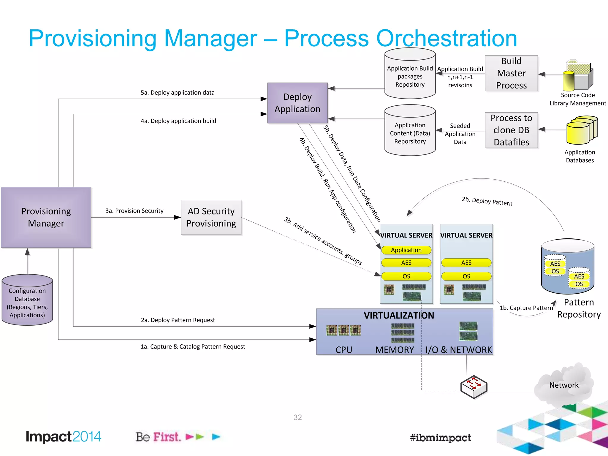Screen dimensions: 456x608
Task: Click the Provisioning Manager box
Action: pyautogui.click(x=46, y=217)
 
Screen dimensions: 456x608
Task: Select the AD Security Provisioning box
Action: pyautogui.click(x=211, y=217)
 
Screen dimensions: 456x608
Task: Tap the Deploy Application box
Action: pyautogui.click(x=297, y=103)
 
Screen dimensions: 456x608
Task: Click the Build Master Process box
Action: pyautogui.click(x=511, y=73)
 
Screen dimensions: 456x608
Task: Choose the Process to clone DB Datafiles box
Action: pyautogui.click(x=511, y=130)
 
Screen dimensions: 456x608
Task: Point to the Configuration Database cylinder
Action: pyautogui.click(x=27, y=300)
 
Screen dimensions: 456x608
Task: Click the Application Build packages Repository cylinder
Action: pyautogui.click(x=410, y=74)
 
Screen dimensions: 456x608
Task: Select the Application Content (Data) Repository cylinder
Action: pyautogui.click(x=410, y=131)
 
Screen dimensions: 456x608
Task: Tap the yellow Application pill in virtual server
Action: pyautogui.click(x=406, y=250)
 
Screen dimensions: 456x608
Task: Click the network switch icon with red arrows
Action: pyautogui.click(x=474, y=387)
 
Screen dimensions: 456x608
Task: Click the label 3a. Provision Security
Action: pyautogui.click(x=134, y=211)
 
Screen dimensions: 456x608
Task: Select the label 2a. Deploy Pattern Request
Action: pyautogui.click(x=178, y=320)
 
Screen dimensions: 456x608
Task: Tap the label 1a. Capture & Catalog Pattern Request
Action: pyautogui.click(x=193, y=346)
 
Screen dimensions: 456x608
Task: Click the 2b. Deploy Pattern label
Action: pyautogui.click(x=487, y=201)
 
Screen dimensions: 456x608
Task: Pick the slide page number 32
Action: pyautogui.click(x=297, y=417)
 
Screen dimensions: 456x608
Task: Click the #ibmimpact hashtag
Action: pyautogui.click(x=440, y=438)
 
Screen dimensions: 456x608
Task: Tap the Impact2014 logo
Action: pyautogui.click(x=64, y=437)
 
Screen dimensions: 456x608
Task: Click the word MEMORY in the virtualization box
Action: pyautogui.click(x=394, y=350)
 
